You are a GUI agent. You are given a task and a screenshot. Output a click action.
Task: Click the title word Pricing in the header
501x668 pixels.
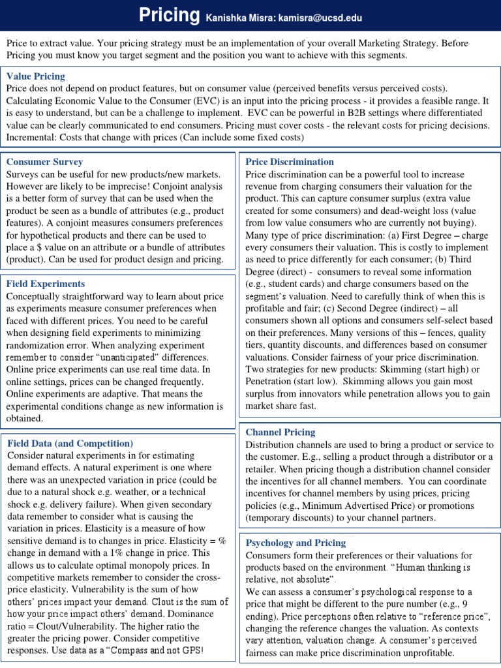click(x=169, y=16)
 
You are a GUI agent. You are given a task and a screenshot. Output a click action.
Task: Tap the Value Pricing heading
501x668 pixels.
click(x=35, y=76)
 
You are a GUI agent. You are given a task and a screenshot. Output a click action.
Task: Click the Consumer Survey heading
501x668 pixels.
click(x=44, y=162)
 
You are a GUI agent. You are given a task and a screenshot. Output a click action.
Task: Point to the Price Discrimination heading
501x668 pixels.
click(x=289, y=162)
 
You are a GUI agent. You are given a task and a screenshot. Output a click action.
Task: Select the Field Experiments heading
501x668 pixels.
click(x=46, y=284)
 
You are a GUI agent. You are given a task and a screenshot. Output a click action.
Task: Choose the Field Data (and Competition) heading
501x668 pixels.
click(x=70, y=444)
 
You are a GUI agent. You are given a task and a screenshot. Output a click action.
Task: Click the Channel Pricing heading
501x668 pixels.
click(x=280, y=432)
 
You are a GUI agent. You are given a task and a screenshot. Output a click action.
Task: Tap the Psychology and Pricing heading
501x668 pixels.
click(x=296, y=543)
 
